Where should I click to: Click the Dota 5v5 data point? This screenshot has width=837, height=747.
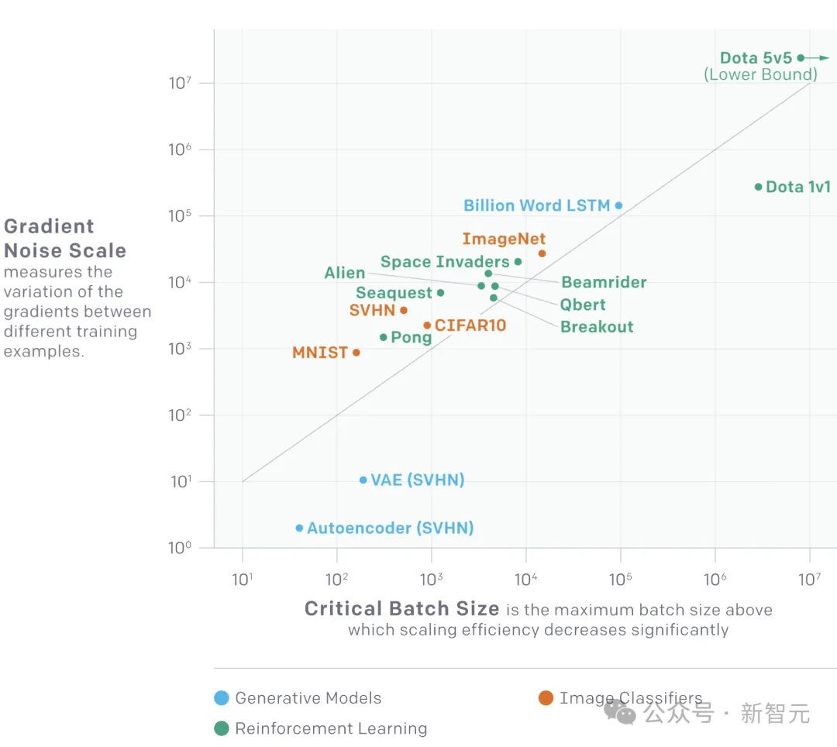point(801,58)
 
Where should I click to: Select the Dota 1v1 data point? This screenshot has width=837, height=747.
point(758,187)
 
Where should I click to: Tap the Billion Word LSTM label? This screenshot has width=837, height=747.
point(536,205)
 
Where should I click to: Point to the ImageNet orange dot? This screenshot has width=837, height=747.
point(542,253)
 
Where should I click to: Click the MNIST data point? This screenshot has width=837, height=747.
point(356,353)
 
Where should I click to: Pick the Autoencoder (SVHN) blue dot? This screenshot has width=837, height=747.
point(299,528)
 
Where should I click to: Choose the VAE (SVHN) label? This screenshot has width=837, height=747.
point(417,480)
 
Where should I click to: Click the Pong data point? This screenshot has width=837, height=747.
point(383,337)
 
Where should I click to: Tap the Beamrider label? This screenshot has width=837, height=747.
point(604,282)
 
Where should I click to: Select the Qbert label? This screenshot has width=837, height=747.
point(583,305)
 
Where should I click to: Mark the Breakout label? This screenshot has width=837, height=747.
point(597,327)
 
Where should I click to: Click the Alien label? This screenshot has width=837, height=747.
point(344,273)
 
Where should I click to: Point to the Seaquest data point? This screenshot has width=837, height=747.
point(440,293)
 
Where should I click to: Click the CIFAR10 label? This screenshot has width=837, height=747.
point(470,325)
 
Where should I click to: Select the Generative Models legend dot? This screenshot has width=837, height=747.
point(222,698)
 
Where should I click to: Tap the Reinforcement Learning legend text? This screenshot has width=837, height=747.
point(331,729)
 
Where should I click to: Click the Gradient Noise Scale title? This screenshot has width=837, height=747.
point(65,239)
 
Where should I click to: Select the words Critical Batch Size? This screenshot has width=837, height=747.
point(401,609)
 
